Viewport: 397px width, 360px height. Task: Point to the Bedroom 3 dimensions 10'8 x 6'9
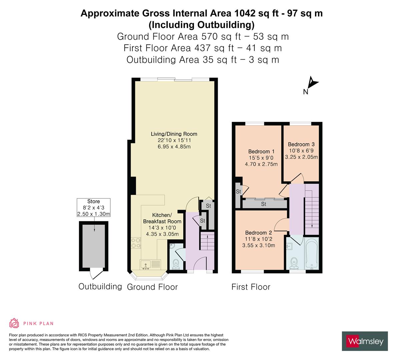tap(301, 151)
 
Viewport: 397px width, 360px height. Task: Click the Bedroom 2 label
tap(258, 233)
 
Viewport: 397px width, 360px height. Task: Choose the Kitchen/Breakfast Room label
tap(162, 218)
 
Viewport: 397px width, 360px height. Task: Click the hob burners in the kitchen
tap(136, 243)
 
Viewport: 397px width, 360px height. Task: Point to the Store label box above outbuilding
tap(93, 208)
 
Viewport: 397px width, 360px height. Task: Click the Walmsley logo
tap(365, 341)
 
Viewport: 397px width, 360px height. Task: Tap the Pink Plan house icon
tap(14, 323)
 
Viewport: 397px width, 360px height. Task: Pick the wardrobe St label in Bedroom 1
tap(263, 204)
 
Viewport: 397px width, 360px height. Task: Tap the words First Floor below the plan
tap(251, 287)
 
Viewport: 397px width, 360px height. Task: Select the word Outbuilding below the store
tap(100, 286)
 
